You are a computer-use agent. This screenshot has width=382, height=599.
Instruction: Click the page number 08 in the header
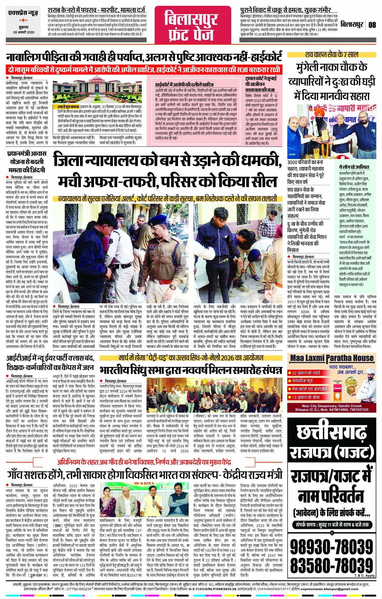pyautogui.click(x=372, y=24)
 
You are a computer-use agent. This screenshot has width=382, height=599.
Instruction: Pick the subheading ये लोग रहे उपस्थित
pyautogui.click(x=354, y=167)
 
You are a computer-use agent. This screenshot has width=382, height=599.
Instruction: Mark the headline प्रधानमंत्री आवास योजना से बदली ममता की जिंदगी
pyautogui.click(x=27, y=162)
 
